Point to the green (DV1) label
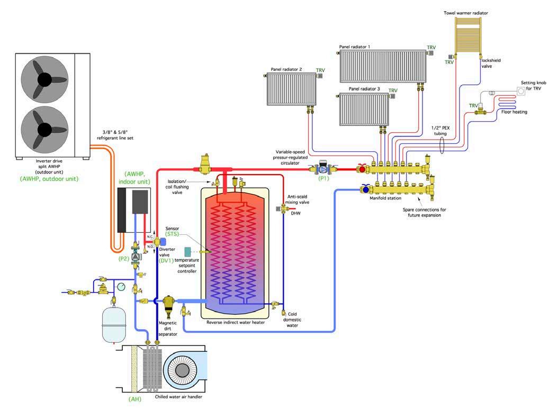(166, 260)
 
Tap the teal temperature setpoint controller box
(187, 253)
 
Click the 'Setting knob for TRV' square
(521, 91)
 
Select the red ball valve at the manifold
(362, 169)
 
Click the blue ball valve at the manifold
(365, 189)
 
